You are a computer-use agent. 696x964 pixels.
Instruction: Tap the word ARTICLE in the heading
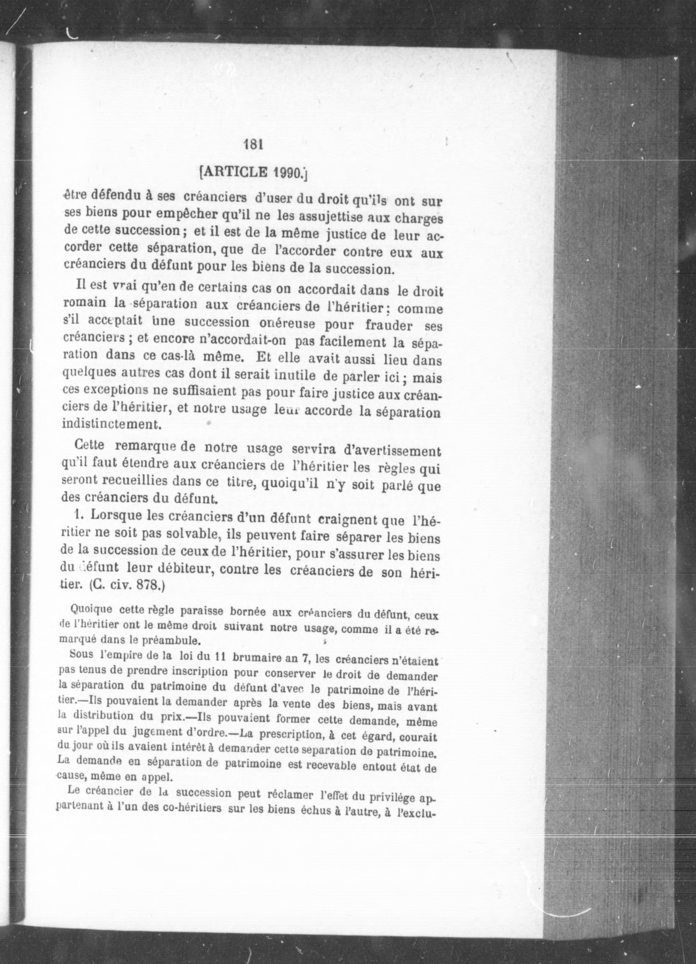[x=236, y=172]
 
